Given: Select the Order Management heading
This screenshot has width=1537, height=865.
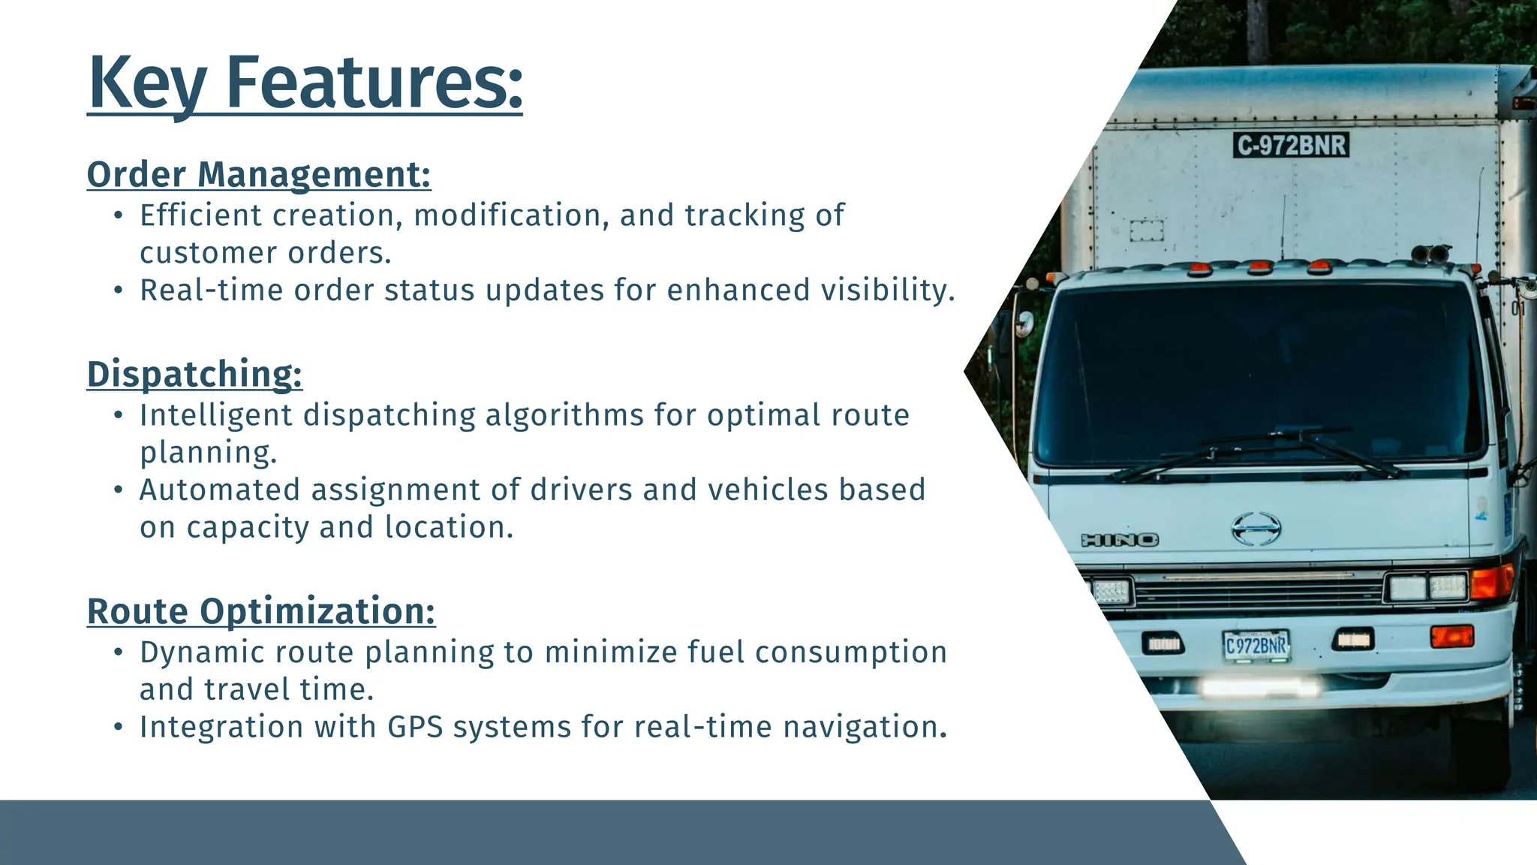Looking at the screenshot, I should coord(259,174).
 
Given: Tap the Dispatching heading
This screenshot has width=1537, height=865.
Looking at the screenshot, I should coord(194,374).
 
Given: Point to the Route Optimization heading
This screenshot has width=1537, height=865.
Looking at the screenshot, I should coord(261,611).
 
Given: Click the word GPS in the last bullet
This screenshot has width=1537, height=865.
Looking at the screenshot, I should coord(415,727).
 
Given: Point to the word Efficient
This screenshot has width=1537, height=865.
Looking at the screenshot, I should coord(200,215).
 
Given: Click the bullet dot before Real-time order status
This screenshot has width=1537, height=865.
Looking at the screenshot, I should coord(118,291).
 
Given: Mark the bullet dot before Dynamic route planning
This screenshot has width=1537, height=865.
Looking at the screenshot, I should coord(118,653).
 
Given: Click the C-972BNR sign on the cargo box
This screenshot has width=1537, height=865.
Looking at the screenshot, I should coord(1291,145).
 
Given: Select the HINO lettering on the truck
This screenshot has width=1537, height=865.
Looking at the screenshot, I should coord(1119,540).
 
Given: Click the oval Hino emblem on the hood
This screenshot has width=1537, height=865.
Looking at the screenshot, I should coord(1256,529).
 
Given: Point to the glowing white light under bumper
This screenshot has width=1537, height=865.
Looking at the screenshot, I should coord(1259,686).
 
